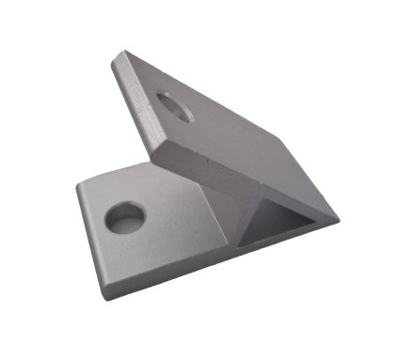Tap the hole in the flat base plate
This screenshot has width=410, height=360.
click(x=125, y=218)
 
